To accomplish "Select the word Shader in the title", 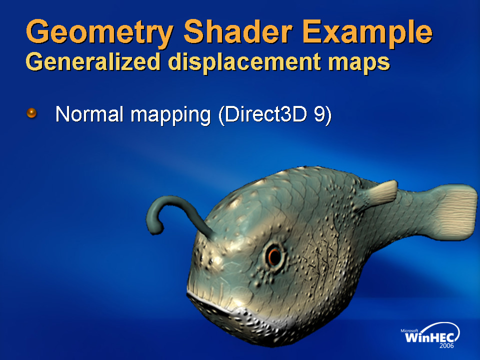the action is click(238, 31).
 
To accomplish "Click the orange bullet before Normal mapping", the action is click(31, 113).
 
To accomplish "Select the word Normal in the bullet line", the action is click(89, 114).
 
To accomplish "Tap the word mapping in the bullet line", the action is click(171, 115).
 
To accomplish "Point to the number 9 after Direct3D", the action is click(319, 114).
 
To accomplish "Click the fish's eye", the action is click(274, 256).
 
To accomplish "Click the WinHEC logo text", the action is click(429, 337).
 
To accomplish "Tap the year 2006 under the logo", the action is click(446, 346).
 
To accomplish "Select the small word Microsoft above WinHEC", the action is click(409, 330).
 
